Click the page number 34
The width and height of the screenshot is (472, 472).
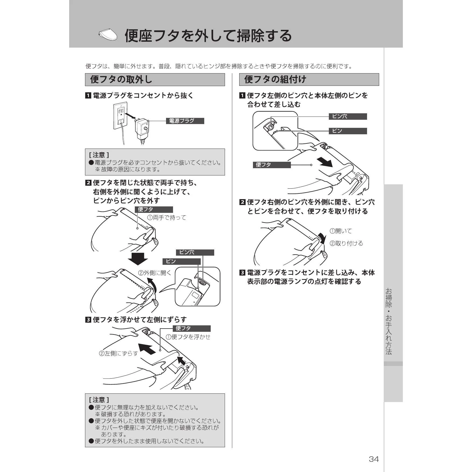[374, 459]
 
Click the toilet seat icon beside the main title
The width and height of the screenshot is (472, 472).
[108, 35]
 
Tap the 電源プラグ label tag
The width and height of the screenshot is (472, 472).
[185, 121]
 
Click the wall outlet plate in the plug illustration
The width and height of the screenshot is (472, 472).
[120, 116]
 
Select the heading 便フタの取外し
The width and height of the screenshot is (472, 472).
[121, 80]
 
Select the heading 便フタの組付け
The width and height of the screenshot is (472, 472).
[275, 80]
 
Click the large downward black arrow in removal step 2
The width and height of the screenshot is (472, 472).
[138, 259]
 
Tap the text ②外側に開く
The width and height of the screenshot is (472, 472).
[154, 273]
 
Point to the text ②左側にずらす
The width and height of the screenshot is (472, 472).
[118, 353]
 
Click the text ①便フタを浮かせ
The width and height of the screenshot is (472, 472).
[188, 337]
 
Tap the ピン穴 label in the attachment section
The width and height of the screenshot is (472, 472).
[348, 117]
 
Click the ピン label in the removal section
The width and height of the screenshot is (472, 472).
[182, 262]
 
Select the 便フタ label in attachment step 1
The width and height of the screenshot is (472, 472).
[272, 165]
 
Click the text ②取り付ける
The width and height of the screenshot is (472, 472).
[346, 244]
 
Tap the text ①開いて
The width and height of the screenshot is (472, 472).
[341, 231]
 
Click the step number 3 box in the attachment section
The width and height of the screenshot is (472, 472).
[242, 273]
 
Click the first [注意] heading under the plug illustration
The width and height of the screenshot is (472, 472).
[99, 155]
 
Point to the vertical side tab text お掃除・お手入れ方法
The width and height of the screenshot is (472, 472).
[389, 321]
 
